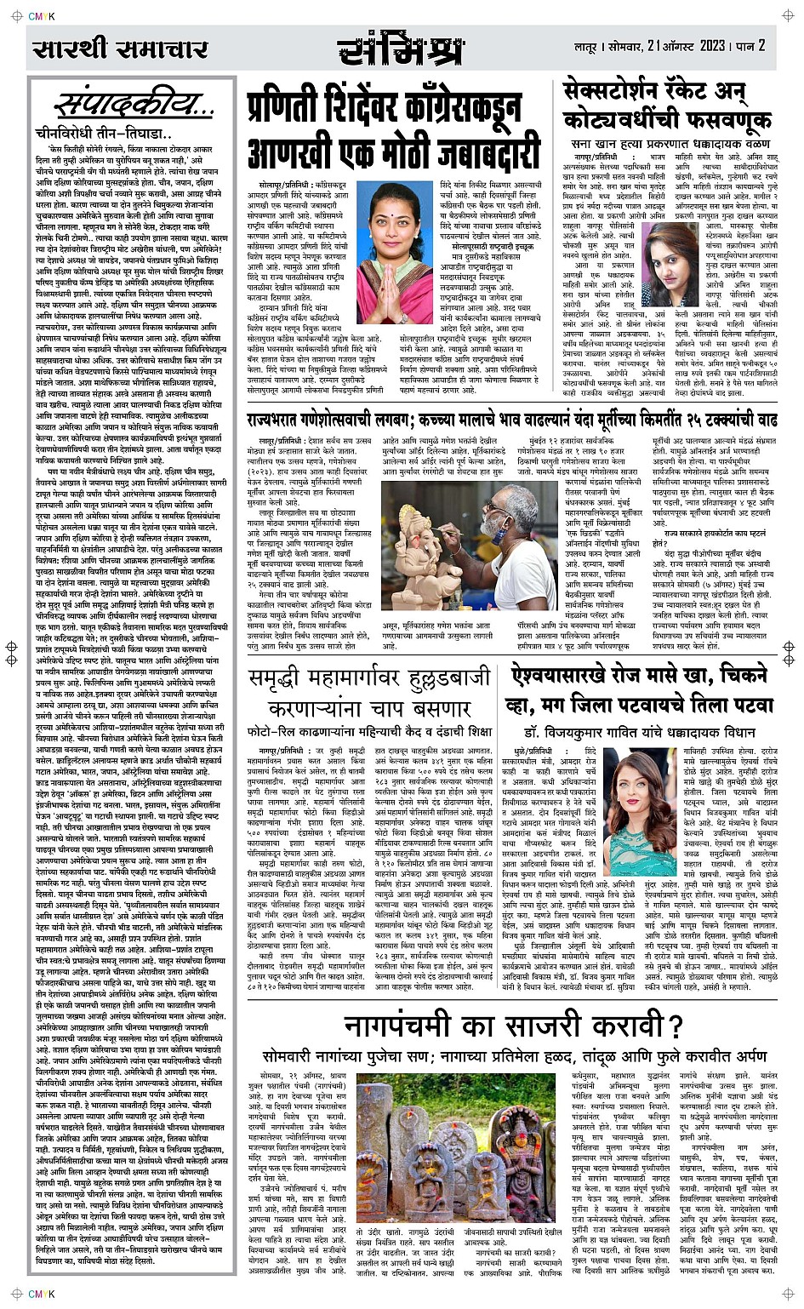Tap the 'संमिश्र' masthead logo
point(402,49)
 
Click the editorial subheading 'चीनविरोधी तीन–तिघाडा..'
point(105,134)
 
